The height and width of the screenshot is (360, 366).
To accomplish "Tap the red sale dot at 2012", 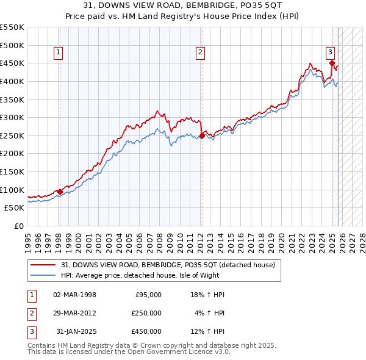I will [x=202, y=136].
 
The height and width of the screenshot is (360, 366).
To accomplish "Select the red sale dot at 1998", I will [x=60, y=192].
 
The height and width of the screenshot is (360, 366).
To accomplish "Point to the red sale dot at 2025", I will [x=332, y=63].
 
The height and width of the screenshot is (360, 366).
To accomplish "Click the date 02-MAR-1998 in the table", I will [x=75, y=295].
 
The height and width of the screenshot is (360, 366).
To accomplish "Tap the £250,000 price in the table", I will [x=146, y=313].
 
